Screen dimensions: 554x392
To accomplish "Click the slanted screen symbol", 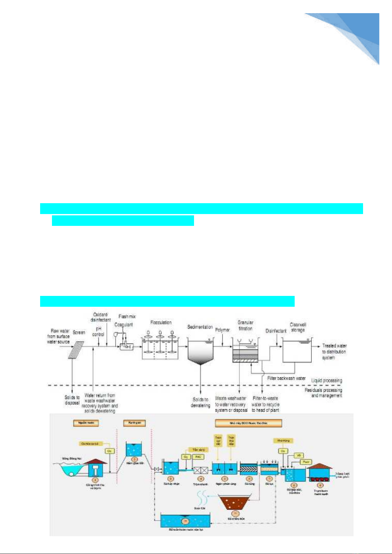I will pyautogui.click(x=76, y=350).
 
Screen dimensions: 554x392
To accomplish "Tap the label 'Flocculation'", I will pyautogui.click(x=161, y=323).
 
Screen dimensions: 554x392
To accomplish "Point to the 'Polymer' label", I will pyautogui.click(x=222, y=330).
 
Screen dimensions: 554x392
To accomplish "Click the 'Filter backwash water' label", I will pyautogui.click(x=286, y=378).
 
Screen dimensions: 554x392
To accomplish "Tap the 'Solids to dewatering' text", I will pyautogui.click(x=200, y=402).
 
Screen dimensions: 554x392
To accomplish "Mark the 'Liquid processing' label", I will pyautogui.click(x=327, y=380).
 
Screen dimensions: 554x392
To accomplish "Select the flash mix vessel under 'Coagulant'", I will pyautogui.click(x=126, y=346).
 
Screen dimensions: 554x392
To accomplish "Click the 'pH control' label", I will pyautogui.click(x=98, y=331).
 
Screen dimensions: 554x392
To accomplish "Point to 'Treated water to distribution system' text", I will pyautogui.click(x=334, y=351).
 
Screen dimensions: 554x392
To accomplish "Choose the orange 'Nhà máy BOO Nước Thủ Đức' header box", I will pyautogui.click(x=248, y=423).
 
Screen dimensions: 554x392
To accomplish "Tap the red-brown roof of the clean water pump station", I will pyautogui.click(x=320, y=466).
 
